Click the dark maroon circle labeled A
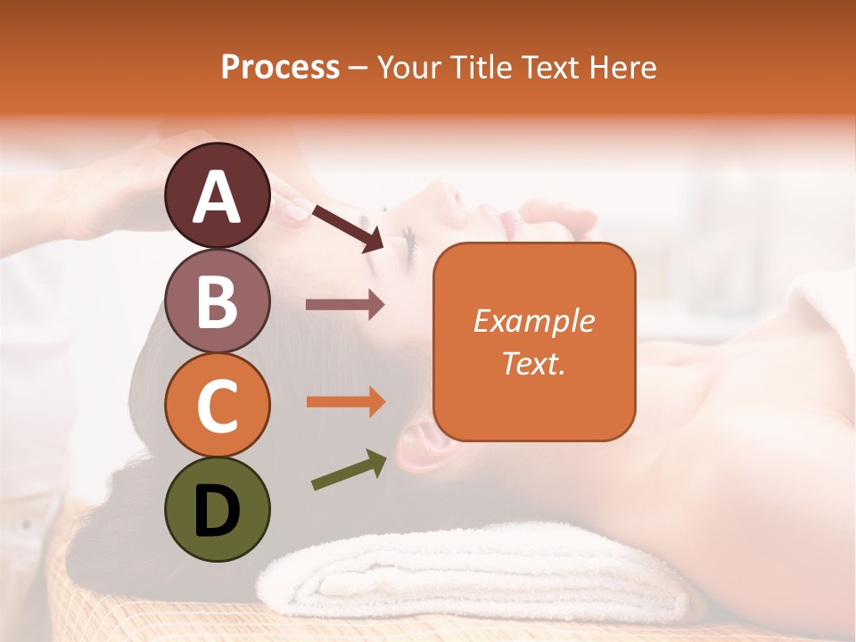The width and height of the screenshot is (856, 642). [218, 195]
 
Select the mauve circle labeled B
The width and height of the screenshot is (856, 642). [218, 300]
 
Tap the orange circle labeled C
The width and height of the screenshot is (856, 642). [218, 405]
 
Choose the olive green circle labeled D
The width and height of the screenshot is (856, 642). [218, 509]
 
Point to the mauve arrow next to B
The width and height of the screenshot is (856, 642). [345, 305]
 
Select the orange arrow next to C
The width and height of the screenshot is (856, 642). [345, 402]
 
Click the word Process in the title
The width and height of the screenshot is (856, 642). [280, 67]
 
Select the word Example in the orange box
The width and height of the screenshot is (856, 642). [534, 321]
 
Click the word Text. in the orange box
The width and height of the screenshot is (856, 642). [534, 363]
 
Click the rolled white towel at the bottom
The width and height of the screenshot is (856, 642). [481, 580]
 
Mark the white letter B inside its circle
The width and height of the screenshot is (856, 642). [218, 300]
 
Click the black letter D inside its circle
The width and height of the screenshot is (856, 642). [218, 511]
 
